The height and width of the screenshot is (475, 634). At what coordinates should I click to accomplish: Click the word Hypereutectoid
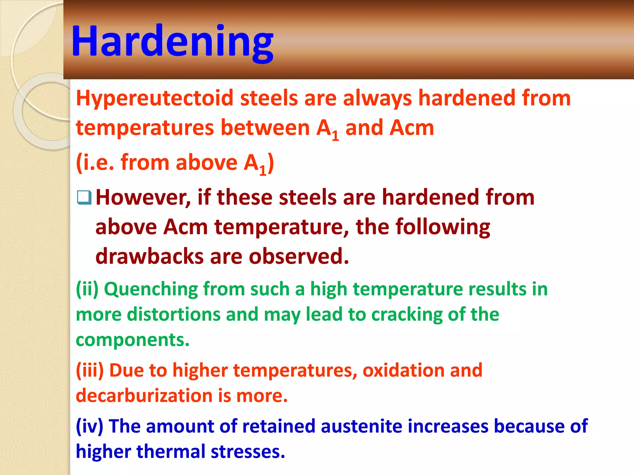pos(154,98)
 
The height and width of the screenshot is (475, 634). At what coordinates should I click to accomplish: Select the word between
pos(265,128)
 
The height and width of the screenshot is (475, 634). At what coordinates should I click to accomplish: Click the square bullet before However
pos(84,198)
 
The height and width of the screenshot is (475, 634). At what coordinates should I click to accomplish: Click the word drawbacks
pos(149,256)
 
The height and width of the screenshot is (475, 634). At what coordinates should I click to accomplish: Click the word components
pos(132,340)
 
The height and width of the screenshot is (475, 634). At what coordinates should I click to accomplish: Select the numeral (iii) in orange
pos(90,370)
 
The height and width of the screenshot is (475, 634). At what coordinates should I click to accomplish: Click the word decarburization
pos(144,396)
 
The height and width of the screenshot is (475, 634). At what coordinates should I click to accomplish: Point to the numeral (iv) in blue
pos(89,426)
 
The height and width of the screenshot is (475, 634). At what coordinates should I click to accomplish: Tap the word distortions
pos(173,315)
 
